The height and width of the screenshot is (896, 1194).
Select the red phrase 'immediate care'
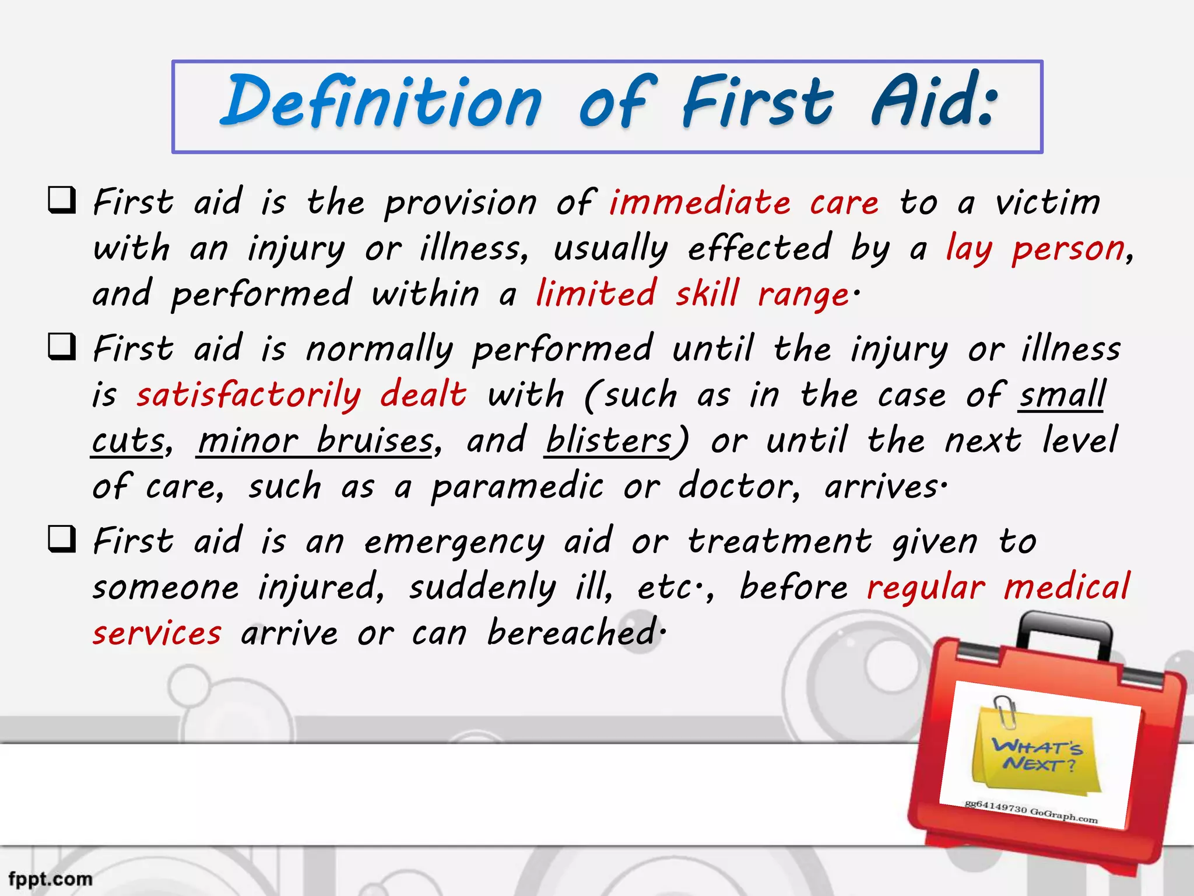point(744,203)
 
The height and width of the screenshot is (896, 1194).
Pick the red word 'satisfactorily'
point(249,395)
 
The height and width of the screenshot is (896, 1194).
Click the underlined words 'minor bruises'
point(315,441)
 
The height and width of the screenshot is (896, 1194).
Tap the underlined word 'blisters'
point(608,441)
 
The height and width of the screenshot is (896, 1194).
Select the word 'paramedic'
point(517,487)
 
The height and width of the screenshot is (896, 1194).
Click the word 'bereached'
point(573,632)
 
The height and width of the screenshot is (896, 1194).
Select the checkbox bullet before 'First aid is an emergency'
point(62,539)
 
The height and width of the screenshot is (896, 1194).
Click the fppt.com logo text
point(51,878)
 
